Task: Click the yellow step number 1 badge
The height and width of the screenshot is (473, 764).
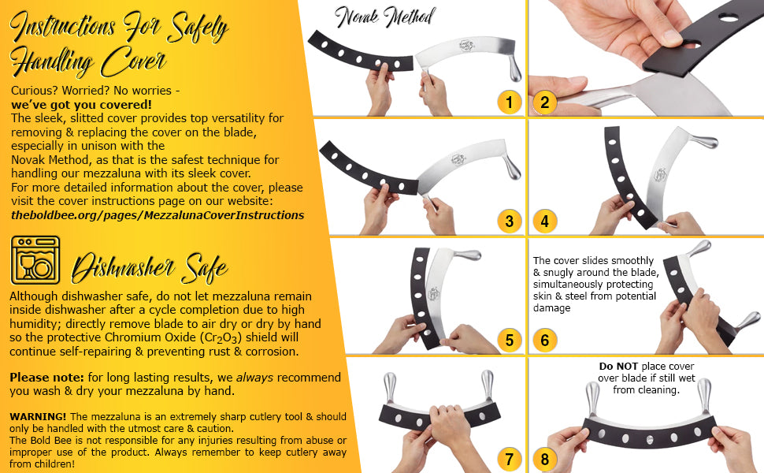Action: pyautogui.click(x=509, y=102)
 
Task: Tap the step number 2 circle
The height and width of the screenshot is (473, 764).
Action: pyautogui.click(x=545, y=102)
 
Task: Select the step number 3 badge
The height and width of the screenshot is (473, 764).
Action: pyautogui.click(x=509, y=221)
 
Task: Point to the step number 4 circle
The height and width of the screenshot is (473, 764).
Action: pyautogui.click(x=545, y=221)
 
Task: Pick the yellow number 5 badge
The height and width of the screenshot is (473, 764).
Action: pyautogui.click(x=509, y=340)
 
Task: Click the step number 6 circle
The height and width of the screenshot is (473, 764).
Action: pyautogui.click(x=545, y=340)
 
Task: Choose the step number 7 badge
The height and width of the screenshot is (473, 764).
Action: pyautogui.click(x=509, y=459)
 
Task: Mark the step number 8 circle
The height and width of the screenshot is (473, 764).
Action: pyautogui.click(x=545, y=459)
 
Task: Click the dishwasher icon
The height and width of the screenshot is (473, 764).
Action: pyautogui.click(x=35, y=260)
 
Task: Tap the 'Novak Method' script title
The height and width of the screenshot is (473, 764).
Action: pyautogui.click(x=385, y=17)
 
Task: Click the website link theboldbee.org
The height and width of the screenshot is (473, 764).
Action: pyautogui.click(x=158, y=215)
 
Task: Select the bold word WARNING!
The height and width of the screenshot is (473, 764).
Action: pyautogui.click(x=38, y=416)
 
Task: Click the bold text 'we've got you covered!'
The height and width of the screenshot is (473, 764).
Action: pyautogui.click(x=81, y=104)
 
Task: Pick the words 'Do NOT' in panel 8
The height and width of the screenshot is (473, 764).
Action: pyautogui.click(x=618, y=367)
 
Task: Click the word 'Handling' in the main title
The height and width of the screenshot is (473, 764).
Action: pyautogui.click(x=52, y=62)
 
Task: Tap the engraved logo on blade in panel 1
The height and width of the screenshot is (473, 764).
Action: pyautogui.click(x=467, y=46)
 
